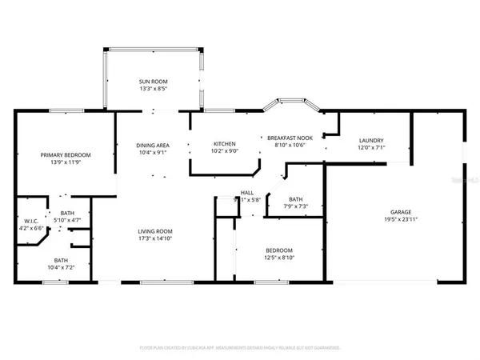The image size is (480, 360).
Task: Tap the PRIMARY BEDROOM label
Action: [x=66, y=154]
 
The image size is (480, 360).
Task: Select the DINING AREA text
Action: [x=151, y=145]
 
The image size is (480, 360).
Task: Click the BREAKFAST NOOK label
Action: [x=287, y=138]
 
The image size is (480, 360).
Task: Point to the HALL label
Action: [x=247, y=193]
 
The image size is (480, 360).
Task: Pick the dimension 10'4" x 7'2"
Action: [x=61, y=267]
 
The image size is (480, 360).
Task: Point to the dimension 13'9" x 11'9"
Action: [x=66, y=162]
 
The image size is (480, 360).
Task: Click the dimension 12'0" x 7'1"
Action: [x=370, y=148]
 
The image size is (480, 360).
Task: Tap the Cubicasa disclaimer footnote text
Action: [x=240, y=348]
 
